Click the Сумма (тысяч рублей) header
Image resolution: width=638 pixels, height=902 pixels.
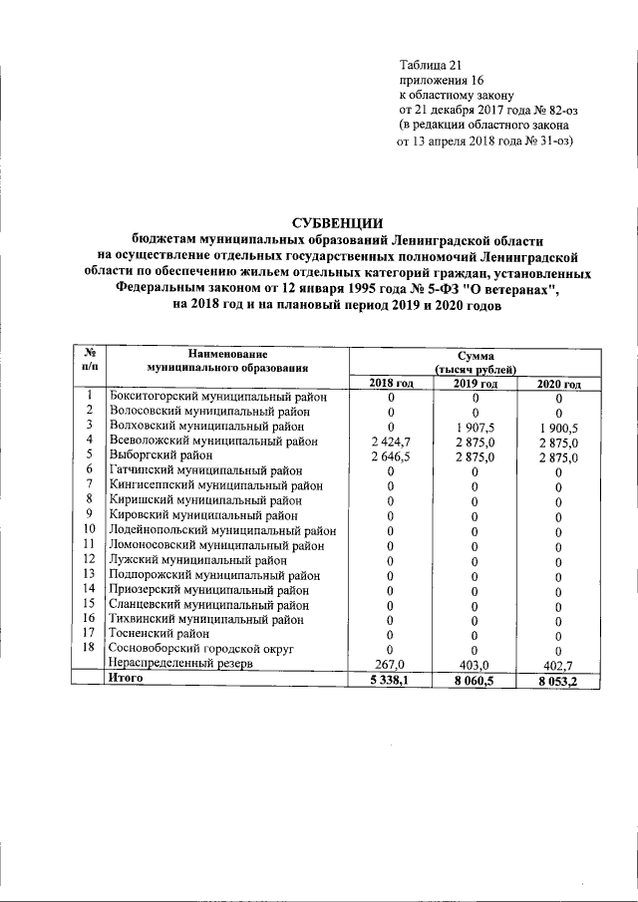click(x=475, y=362)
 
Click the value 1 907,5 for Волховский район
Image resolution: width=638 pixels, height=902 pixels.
click(x=475, y=427)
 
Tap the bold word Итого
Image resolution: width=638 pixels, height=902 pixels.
click(x=126, y=678)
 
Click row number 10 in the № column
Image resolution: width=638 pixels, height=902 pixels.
click(x=89, y=529)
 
